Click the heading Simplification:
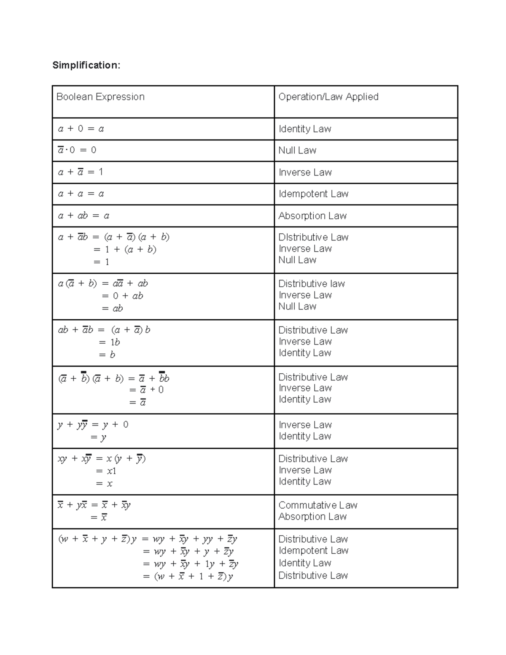coord(86,65)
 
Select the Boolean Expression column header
coord(100,97)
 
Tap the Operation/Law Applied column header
coord(328,97)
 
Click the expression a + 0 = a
coord(81,129)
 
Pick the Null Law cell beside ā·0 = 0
coord(297,150)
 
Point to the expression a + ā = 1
coord(81,172)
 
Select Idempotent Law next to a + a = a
coord(313,194)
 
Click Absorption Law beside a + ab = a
coord(312,216)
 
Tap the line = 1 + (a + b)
coord(125,249)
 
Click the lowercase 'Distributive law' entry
coord(312,283)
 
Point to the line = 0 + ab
coord(122,296)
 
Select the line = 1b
coord(109,342)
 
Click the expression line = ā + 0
coord(146,390)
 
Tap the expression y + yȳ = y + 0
coord(93,425)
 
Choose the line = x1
coord(106,471)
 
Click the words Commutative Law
coord(318,505)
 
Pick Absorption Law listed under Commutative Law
coord(312,516)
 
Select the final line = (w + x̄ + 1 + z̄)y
coord(188,576)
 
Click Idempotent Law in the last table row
coord(313,550)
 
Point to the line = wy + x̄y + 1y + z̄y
coord(191,564)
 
